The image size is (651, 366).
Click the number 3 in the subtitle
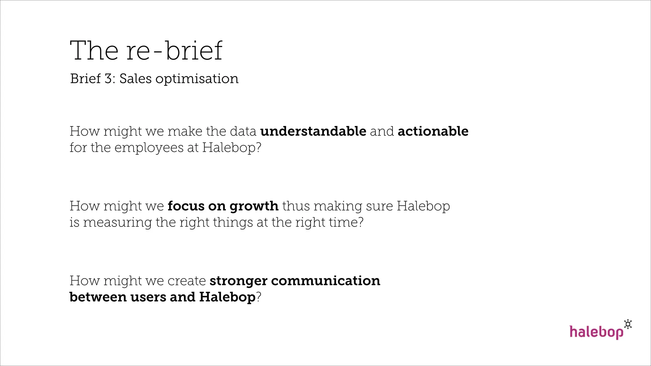click(108, 79)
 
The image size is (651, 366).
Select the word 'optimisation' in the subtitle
click(197, 79)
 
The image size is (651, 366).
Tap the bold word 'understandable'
click(313, 131)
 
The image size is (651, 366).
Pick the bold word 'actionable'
click(433, 131)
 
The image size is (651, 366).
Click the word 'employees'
click(149, 148)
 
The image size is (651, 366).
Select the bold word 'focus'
click(186, 206)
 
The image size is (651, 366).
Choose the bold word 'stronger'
click(238, 281)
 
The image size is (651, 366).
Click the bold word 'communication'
click(325, 281)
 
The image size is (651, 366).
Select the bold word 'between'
click(98, 297)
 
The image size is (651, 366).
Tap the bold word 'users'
click(148, 297)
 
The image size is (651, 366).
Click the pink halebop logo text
click(596, 332)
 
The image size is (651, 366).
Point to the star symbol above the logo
click(628, 324)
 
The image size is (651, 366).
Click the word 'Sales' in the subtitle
click(135, 79)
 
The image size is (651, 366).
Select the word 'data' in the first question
click(243, 131)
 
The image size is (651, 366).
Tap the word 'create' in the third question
click(187, 281)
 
